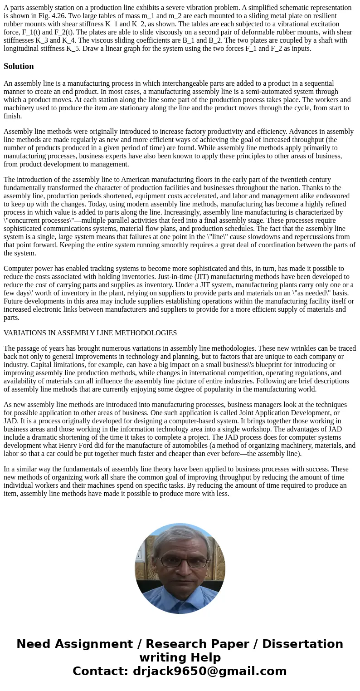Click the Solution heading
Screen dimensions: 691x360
pyautogui.click(x=19, y=66)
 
